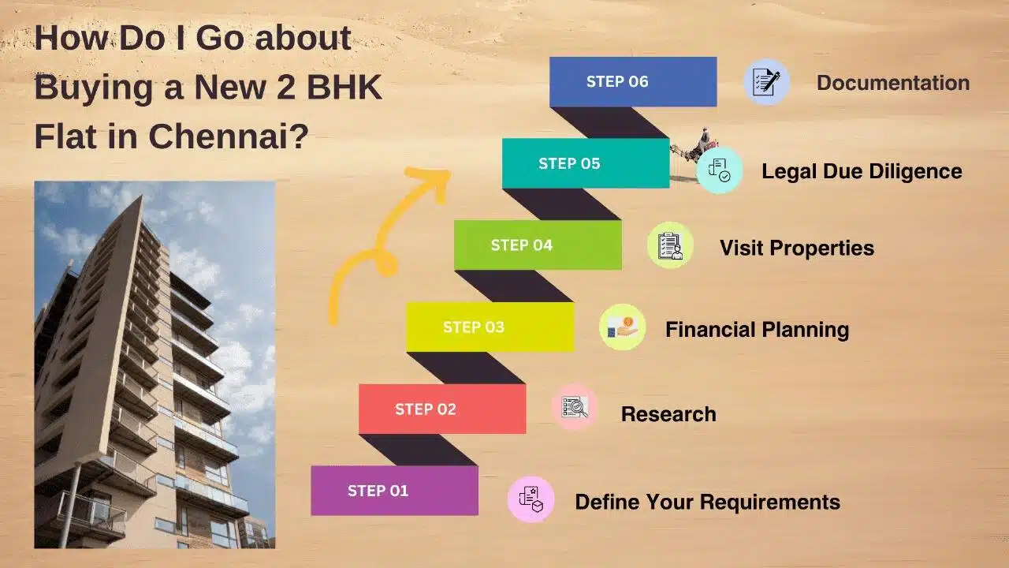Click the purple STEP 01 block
tap(395, 491)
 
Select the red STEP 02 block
tap(442, 409)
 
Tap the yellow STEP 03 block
tap(490, 327)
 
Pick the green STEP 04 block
tap(538, 245)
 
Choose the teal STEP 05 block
tap(586, 163)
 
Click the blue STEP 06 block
tap(633, 81)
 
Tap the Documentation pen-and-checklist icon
tap(766, 82)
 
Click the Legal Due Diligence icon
tap(720, 170)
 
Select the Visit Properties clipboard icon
tap(670, 245)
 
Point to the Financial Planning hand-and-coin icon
tap(623, 327)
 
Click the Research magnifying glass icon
tap(575, 407)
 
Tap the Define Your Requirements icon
tap(531, 499)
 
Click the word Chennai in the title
tap(229, 136)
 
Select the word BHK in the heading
tap(344, 87)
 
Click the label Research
tap(668, 414)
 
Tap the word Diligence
tap(915, 172)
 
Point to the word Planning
tap(803, 330)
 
